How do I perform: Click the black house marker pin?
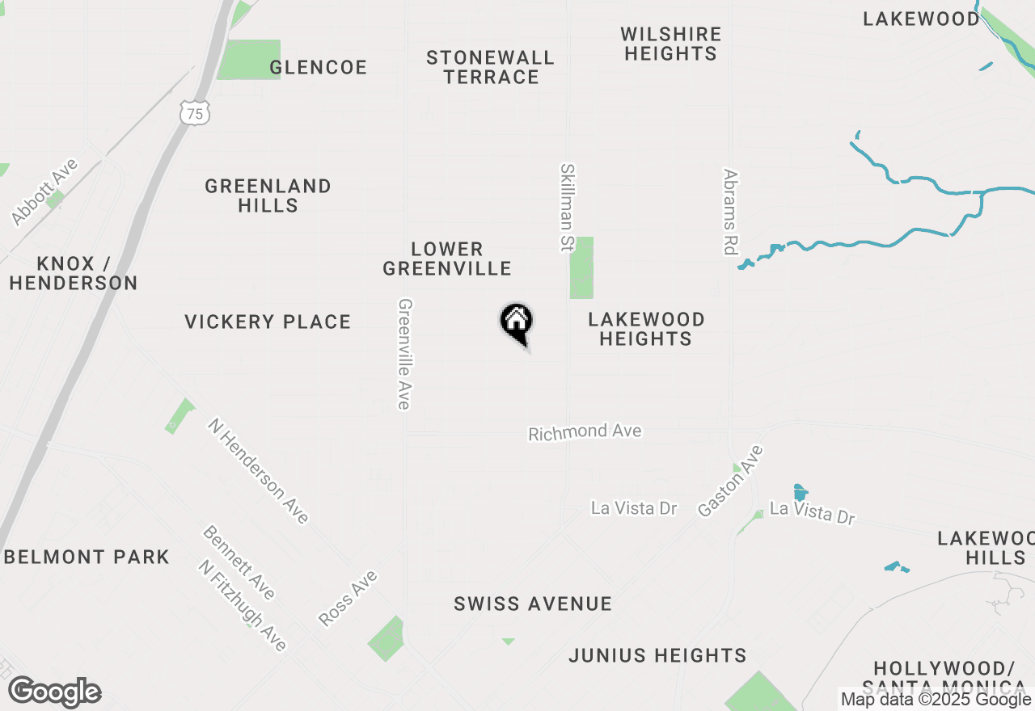(x=516, y=322)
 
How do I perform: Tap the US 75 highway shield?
(x=195, y=113)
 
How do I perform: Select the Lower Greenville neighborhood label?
(x=447, y=259)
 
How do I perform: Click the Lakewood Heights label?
(x=646, y=329)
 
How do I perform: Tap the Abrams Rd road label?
(x=731, y=212)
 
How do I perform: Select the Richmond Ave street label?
(x=585, y=432)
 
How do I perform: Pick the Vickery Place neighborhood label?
(x=268, y=322)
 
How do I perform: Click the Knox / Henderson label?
(x=74, y=273)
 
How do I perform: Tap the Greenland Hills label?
(x=268, y=196)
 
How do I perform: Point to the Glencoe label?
(x=318, y=67)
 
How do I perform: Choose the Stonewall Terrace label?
(x=491, y=67)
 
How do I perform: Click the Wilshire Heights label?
(x=670, y=44)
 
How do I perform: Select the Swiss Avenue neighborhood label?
(x=533, y=604)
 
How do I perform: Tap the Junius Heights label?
(x=657, y=655)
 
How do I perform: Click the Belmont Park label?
(x=87, y=557)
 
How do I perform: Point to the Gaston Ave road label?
(x=731, y=481)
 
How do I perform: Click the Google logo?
(x=55, y=692)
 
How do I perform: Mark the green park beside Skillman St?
(x=581, y=267)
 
